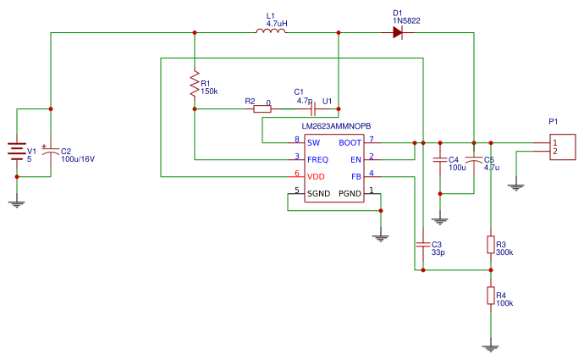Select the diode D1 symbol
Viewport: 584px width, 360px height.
tap(398, 33)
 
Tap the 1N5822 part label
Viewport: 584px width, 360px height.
tap(406, 22)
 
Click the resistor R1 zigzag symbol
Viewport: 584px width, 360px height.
tap(195, 84)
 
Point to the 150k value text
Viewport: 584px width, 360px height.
tap(209, 91)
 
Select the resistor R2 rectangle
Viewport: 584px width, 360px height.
tap(262, 108)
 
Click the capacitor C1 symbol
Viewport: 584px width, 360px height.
tap(312, 108)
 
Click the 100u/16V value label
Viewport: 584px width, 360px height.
tap(78, 159)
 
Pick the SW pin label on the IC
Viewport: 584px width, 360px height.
tap(313, 142)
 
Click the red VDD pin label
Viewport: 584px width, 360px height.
tap(316, 176)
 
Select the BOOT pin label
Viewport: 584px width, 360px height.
tap(350, 142)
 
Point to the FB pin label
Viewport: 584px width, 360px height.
tap(356, 176)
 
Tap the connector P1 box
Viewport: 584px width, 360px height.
tap(562, 147)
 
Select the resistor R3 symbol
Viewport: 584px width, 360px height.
tap(490, 245)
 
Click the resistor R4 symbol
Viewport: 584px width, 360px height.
tap(490, 295)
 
